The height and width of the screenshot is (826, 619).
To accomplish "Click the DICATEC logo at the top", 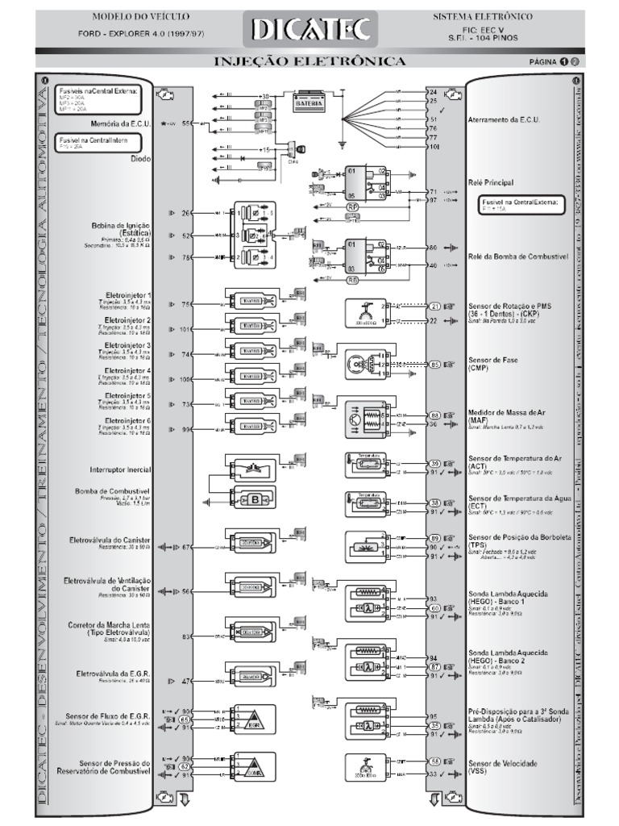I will click(x=309, y=30).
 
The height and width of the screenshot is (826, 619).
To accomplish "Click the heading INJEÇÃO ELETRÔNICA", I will click(x=309, y=61).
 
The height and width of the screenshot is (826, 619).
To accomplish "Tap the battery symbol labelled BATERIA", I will click(x=312, y=103).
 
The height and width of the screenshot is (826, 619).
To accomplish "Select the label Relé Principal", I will click(x=490, y=183).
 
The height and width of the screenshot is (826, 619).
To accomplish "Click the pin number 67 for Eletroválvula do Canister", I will click(x=187, y=548).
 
